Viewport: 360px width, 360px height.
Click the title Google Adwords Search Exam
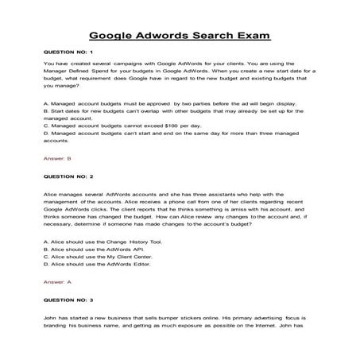pyautogui.click(x=180, y=36)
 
